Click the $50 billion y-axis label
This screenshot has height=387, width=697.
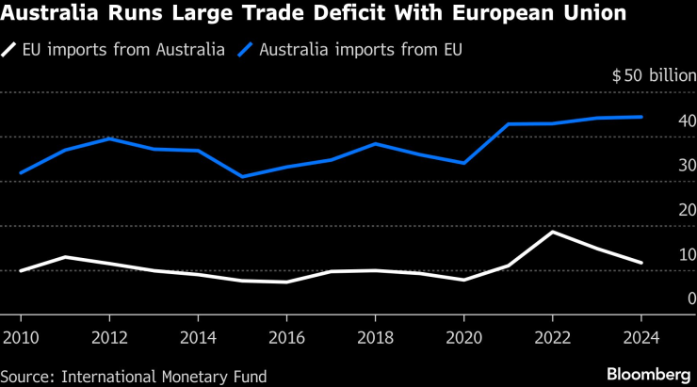[653, 75]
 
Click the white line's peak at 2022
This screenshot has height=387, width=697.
[552, 232]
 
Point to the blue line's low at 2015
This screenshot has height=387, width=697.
[242, 177]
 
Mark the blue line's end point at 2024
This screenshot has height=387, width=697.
[641, 117]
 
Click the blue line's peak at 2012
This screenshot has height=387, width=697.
[109, 138]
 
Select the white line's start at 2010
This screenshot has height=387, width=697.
[20, 271]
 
